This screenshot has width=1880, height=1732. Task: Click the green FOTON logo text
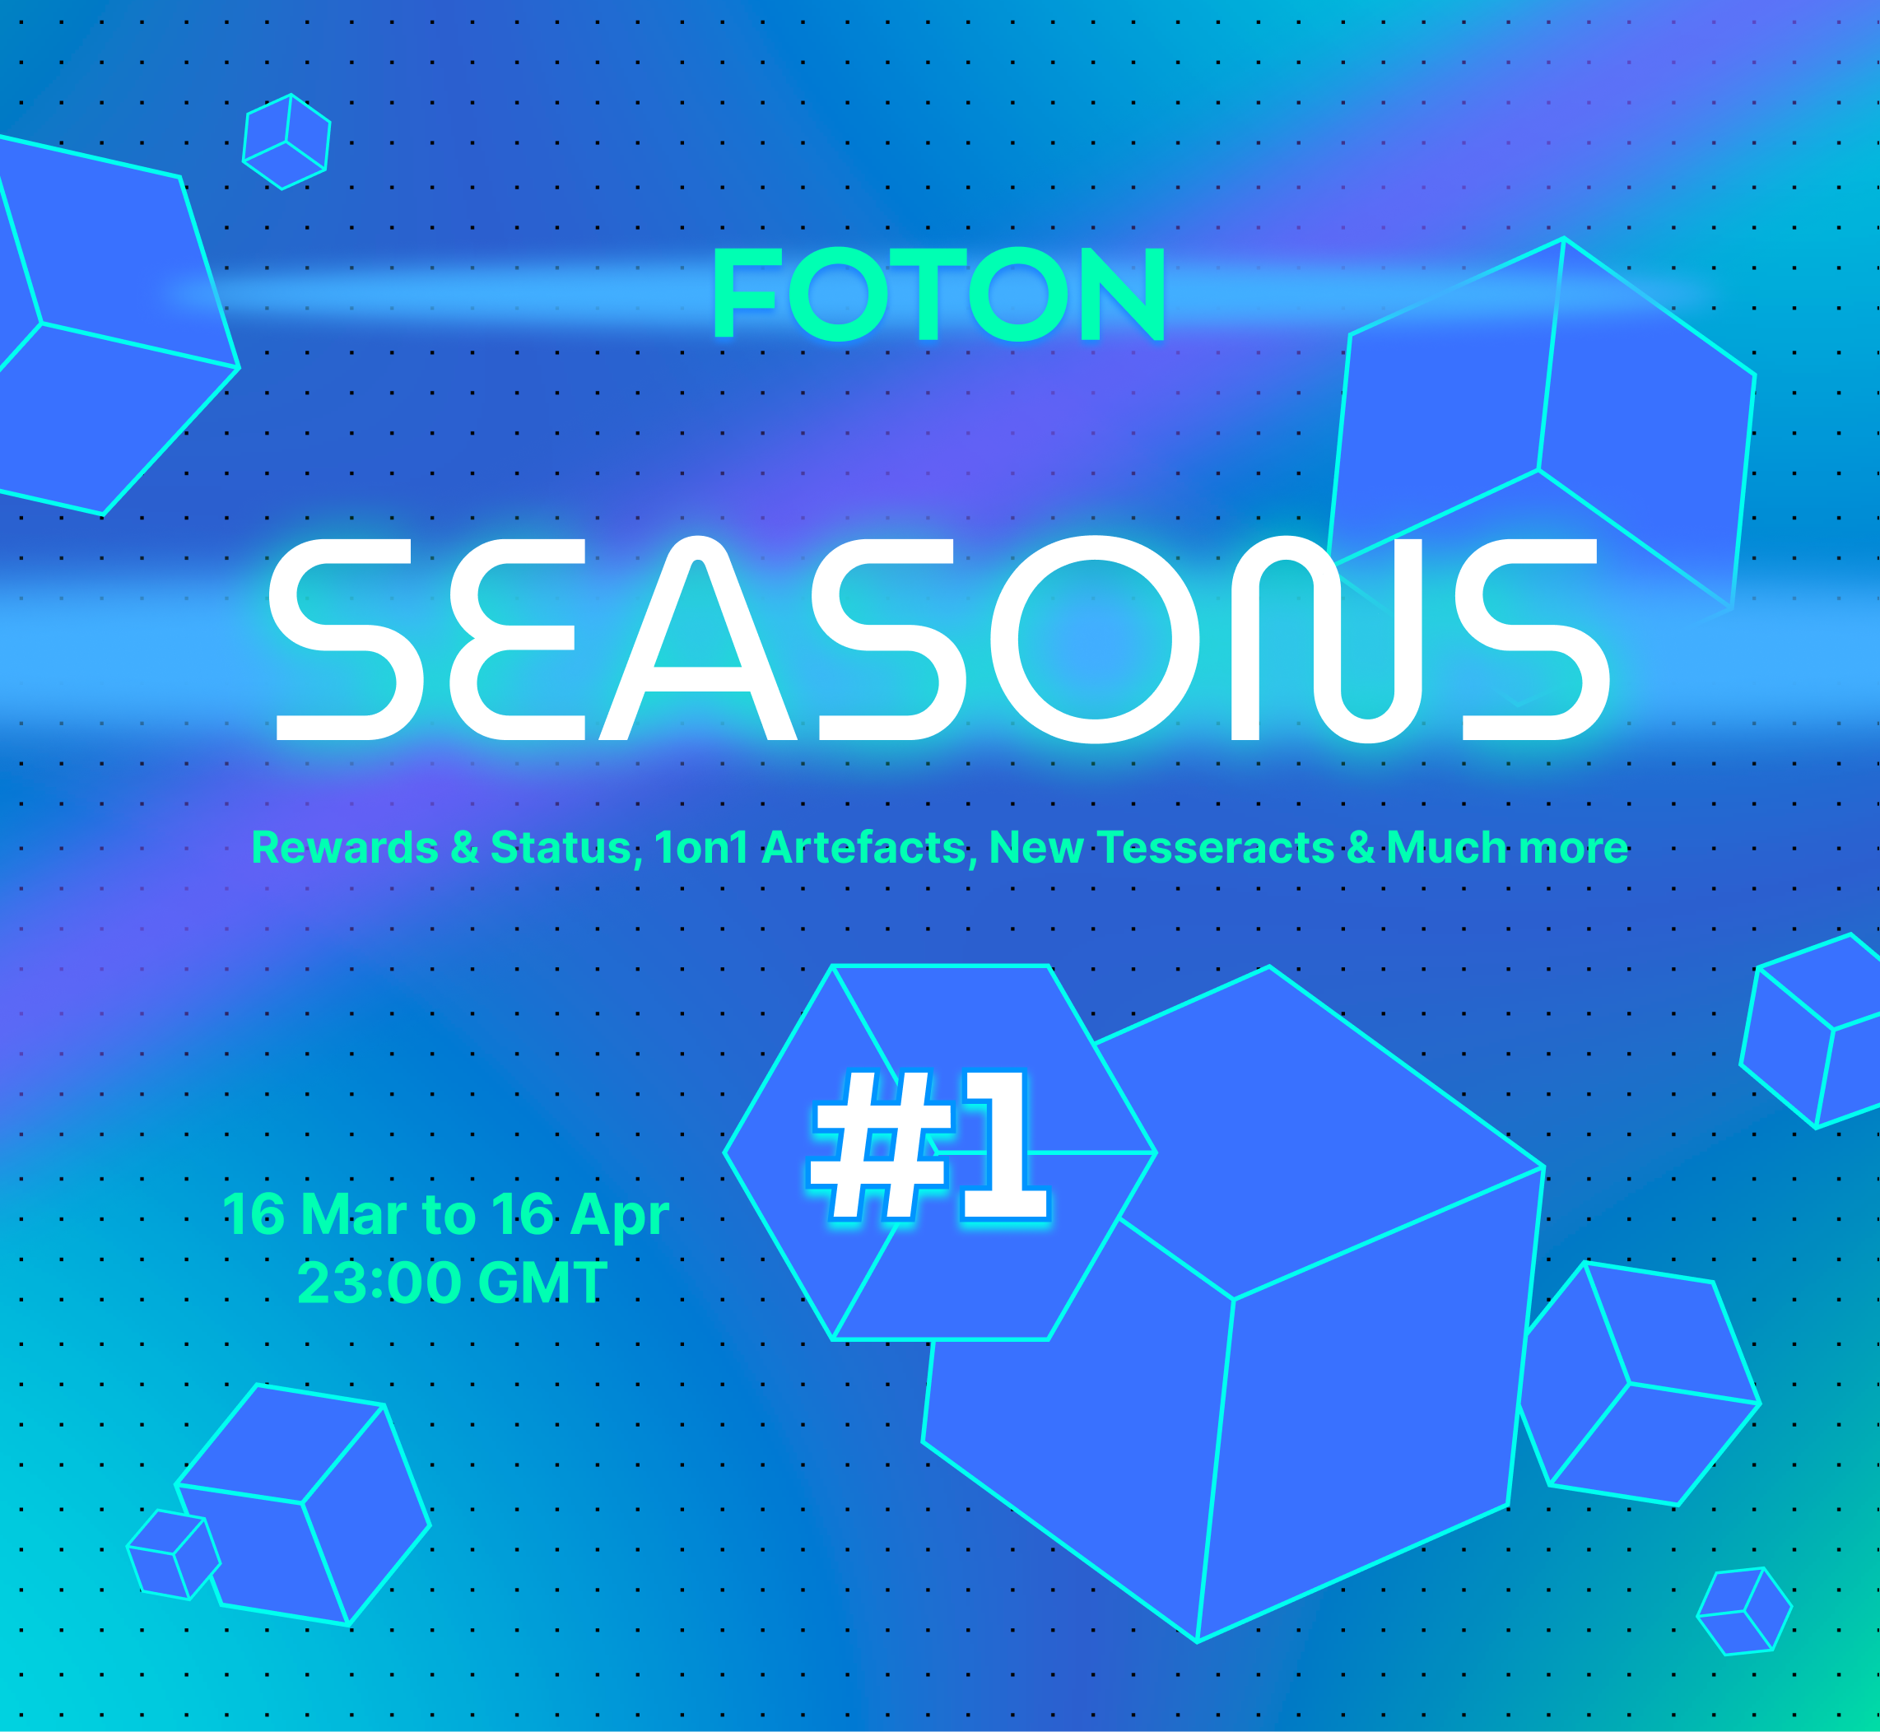[939, 293]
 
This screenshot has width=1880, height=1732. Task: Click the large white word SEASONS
[939, 639]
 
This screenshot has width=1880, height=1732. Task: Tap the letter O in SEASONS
[1095, 639]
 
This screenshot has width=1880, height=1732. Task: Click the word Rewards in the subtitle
[345, 847]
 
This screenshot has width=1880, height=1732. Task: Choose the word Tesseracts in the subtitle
[1216, 847]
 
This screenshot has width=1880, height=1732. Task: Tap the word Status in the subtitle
[565, 847]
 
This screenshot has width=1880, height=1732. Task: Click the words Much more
[1507, 847]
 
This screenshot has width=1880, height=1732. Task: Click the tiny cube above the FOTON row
[286, 142]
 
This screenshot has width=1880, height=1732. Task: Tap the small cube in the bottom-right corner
[1744, 1612]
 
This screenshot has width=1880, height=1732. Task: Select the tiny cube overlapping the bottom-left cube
[174, 1555]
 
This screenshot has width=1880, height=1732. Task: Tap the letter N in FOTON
[1123, 293]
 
